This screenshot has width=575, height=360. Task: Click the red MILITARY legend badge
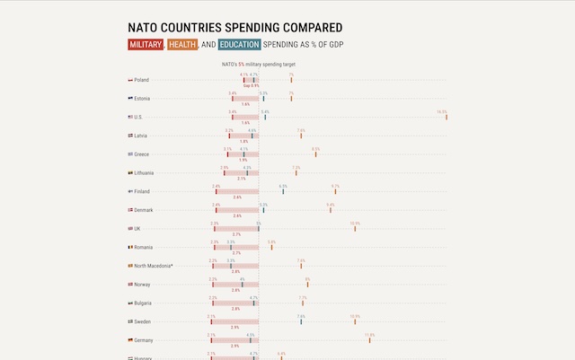pos(146,45)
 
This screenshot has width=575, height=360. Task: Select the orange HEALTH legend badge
pos(182,45)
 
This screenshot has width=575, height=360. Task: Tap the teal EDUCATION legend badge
pos(239,45)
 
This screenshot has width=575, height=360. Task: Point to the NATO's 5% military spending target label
pos(259,64)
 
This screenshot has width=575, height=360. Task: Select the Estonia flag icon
pos(131,98)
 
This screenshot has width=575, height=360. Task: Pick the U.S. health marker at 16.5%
pos(447,117)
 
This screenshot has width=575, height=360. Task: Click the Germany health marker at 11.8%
pos(370,340)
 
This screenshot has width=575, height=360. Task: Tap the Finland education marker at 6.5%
pos(283,191)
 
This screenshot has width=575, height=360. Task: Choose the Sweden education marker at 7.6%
pos(301,321)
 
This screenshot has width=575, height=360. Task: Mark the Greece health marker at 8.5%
pos(316,154)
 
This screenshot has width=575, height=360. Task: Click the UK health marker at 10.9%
pos(355,228)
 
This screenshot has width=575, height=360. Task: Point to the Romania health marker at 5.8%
pos(271,247)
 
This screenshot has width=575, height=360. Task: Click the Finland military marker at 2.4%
pos(217,191)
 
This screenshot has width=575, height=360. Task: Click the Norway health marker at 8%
pos(307,285)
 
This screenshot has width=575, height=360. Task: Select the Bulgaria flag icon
pos(131,303)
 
